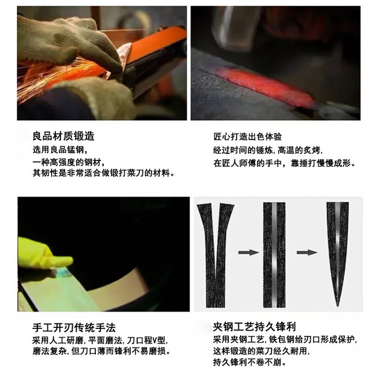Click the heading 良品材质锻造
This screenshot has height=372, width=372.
[x=63, y=136]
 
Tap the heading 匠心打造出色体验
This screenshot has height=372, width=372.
[x=248, y=137]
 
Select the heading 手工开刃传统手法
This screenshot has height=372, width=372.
[x=74, y=328]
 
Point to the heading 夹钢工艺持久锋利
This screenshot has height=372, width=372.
[x=255, y=327]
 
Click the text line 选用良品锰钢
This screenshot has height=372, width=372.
[x=60, y=150]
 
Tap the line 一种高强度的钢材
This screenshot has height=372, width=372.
[x=69, y=163]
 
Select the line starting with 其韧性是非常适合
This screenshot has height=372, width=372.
[x=103, y=173]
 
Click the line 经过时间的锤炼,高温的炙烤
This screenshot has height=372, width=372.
[x=268, y=150]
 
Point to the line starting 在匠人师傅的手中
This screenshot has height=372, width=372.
[x=284, y=163]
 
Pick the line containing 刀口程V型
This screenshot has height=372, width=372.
[x=100, y=341]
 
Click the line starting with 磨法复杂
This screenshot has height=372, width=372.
[x=102, y=351]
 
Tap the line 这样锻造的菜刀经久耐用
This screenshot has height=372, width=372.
[x=261, y=351]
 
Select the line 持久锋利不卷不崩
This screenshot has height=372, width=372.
[x=249, y=362]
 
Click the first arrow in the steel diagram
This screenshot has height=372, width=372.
[x=249, y=252]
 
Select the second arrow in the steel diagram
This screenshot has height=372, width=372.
[x=307, y=252]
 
